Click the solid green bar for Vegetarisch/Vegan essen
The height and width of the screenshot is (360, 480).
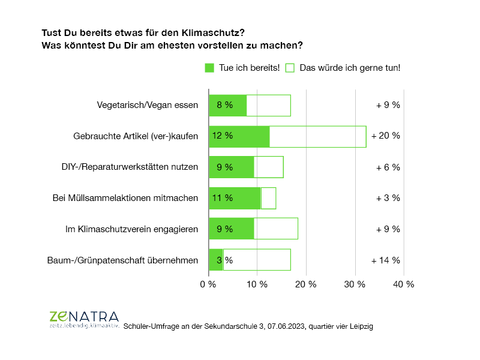tap(228, 105)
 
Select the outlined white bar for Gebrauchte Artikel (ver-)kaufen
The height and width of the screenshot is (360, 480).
tap(317, 136)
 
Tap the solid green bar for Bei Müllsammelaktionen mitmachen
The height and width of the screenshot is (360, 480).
tap(235, 198)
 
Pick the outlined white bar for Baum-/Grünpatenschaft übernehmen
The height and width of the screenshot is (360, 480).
tap(257, 260)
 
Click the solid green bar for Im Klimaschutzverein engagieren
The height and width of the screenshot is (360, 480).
tap(231, 229)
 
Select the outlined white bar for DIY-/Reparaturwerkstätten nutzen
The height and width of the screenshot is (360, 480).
tap(268, 167)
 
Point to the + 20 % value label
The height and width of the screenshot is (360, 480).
tap(386, 136)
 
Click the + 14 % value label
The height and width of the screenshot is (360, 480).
tap(386, 260)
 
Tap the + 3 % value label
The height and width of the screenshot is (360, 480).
tap(388, 198)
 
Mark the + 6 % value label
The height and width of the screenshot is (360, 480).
tap(388, 167)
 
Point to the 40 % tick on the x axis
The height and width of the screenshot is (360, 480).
tap(403, 284)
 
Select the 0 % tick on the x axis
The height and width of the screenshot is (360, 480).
tap(208, 284)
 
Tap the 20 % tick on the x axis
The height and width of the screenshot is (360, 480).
tap(306, 284)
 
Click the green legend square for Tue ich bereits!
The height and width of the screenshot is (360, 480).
tap(209, 68)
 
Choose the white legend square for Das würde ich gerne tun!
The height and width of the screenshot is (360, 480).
tap(290, 68)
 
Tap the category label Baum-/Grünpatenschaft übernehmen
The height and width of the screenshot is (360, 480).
tap(123, 260)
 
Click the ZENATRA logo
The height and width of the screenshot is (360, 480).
tap(84, 319)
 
